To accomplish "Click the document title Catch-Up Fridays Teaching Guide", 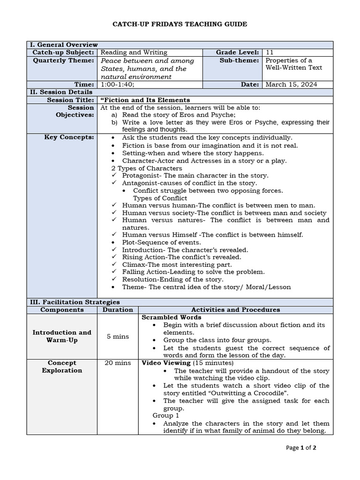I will pos(180,24).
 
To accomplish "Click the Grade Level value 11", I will pos(270,52).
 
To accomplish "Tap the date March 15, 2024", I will pos(291,84).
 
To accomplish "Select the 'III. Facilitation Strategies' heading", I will pos(75,302).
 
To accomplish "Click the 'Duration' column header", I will pos(118,309).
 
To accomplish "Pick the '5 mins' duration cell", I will pos(118,336).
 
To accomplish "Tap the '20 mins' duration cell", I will pos(118,363).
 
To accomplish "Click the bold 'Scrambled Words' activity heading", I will pos(165,317).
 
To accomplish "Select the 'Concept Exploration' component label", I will pos(62,367).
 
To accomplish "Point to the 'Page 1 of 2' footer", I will pos(301,448).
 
